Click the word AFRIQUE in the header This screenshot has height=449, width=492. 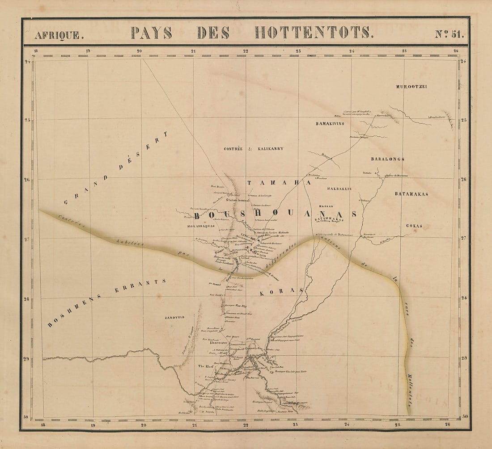coord(59,34)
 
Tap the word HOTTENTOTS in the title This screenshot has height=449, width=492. coord(313,33)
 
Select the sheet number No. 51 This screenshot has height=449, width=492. coord(449,34)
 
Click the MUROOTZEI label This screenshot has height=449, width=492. coord(411,86)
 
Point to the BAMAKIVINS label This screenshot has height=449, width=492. coord(330,123)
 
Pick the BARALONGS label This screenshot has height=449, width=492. coord(387,159)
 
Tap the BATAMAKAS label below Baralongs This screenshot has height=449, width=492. coord(411,194)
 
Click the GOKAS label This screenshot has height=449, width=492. coord(415,226)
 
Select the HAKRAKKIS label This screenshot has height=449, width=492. coord(339,189)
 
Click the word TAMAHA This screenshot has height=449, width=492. coord(279,183)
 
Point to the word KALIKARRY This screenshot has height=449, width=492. coord(271,149)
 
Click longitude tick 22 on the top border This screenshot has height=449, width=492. coord(246,51)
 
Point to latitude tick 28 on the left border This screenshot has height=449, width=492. coord(26,298)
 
